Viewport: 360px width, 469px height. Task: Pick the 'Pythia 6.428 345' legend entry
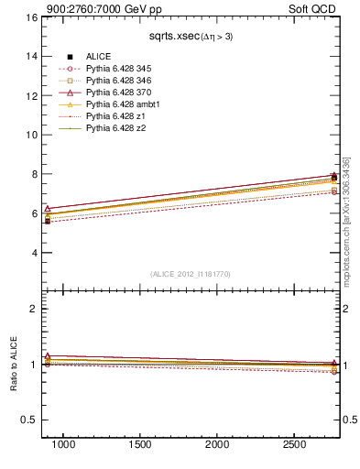[121, 69]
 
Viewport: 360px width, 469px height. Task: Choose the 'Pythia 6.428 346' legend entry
[121, 81]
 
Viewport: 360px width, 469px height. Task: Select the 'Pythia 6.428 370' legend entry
[121, 93]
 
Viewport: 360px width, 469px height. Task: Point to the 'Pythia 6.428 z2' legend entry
[116, 128]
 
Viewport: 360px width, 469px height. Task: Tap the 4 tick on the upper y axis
[34, 253]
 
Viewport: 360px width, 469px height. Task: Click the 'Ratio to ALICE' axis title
[14, 365]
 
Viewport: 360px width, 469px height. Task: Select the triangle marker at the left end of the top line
[48, 208]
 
